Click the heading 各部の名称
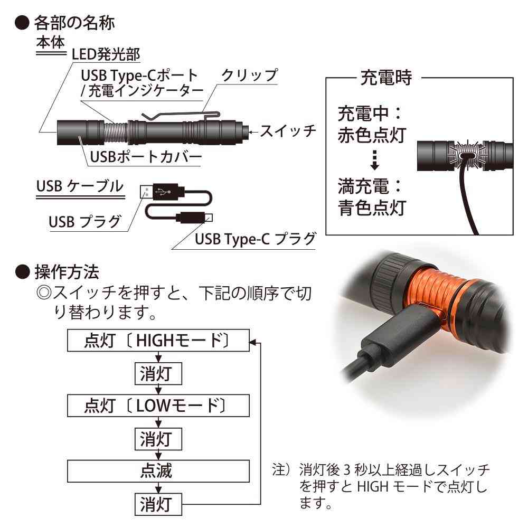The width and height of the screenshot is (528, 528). click(74, 23)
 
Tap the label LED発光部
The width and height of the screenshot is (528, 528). click(106, 54)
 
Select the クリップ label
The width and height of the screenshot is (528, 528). click(250, 75)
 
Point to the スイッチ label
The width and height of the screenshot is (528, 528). click(288, 130)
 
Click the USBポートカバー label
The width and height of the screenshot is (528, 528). click(146, 157)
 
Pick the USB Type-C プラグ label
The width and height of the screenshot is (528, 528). click(255, 239)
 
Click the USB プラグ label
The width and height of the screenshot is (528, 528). click(85, 222)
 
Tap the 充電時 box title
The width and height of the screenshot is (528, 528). click(386, 78)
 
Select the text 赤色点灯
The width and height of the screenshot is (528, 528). click(372, 135)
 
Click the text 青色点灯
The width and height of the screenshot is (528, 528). click(372, 208)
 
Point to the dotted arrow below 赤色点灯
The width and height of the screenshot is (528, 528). click(374, 159)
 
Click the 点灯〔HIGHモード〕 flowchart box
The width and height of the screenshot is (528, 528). click(158, 341)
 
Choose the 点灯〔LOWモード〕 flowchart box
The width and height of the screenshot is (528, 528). click(158, 406)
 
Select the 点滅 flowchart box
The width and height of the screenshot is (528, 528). click(158, 471)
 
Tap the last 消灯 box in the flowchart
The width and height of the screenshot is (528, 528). click(158, 504)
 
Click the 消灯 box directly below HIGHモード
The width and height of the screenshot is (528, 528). click(158, 373)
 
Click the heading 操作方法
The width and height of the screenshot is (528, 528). click(67, 272)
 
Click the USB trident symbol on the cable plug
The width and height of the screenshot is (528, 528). click(164, 192)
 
